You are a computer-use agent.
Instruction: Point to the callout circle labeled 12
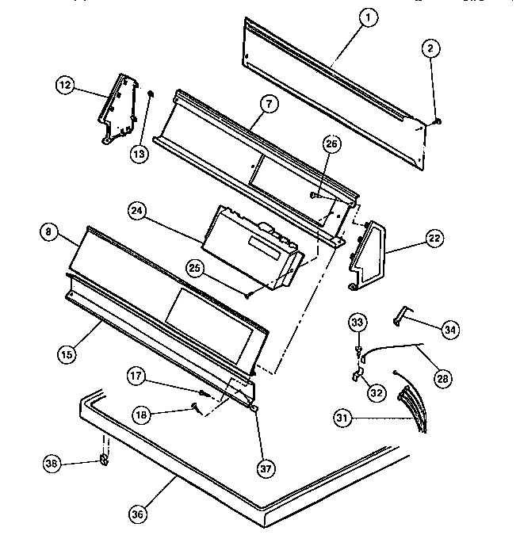click(x=66, y=85)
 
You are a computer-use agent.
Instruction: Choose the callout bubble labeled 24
click(x=138, y=211)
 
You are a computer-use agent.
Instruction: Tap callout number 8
click(x=50, y=232)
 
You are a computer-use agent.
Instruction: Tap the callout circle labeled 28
click(x=443, y=379)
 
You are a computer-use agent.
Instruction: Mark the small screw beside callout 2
click(x=438, y=121)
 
